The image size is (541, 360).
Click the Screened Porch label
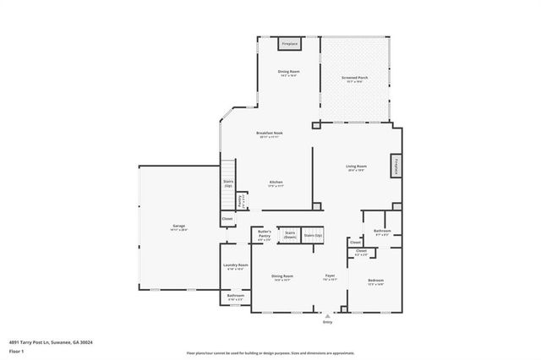[x=354, y=77]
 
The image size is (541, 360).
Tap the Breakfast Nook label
[x=270, y=133]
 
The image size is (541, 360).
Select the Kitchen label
[x=276, y=182]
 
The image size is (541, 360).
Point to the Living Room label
[x=355, y=166]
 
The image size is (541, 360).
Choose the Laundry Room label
[x=236, y=265]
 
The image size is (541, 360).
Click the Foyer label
[x=331, y=276]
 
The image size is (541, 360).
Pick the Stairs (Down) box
[x=289, y=234]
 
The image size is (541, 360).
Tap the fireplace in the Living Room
[x=394, y=166]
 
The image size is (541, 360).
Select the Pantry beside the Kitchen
[x=242, y=200]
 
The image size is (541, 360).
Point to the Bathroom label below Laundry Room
[x=236, y=296]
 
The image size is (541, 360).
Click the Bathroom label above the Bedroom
[x=380, y=232]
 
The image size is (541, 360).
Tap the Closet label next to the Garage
[x=227, y=219]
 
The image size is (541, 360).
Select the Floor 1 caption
[x=16, y=350]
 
